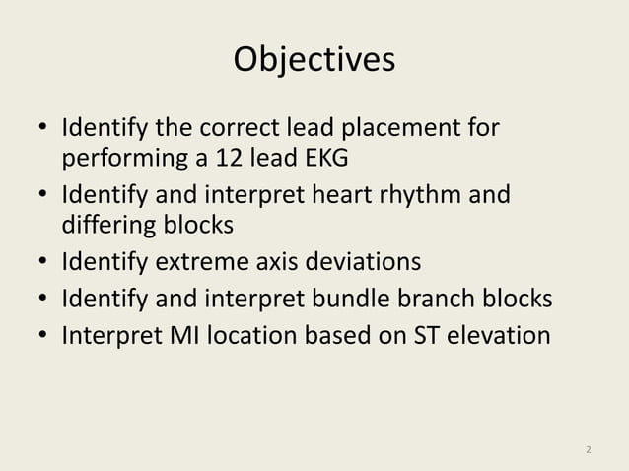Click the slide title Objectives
(x=314, y=60)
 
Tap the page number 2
(x=589, y=451)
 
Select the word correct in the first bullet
(x=239, y=129)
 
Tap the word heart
(x=324, y=195)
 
